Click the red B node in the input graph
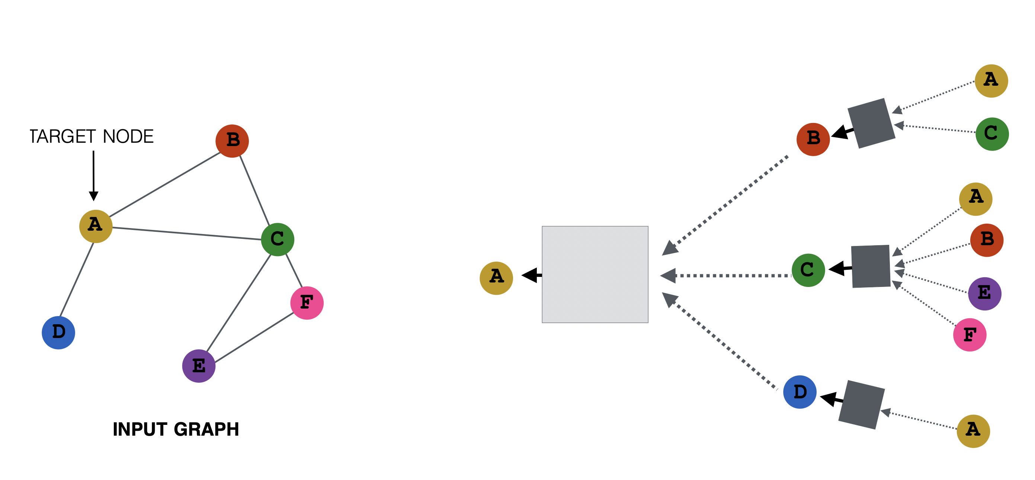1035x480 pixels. click(x=232, y=141)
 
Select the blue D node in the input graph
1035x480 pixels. click(x=58, y=332)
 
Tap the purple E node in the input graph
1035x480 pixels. click(x=199, y=366)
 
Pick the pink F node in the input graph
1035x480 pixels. click(x=307, y=303)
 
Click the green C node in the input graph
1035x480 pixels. click(x=277, y=239)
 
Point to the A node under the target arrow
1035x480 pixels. click(x=96, y=226)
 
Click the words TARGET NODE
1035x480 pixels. click(x=92, y=136)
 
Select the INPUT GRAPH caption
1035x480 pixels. click(x=176, y=429)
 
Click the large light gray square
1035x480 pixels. click(x=595, y=274)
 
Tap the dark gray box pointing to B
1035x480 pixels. click(x=871, y=123)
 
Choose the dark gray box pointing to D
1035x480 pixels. click(x=861, y=404)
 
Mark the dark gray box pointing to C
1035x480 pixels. click(x=871, y=266)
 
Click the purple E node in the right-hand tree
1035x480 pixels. click(x=984, y=293)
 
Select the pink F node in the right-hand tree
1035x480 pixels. click(x=970, y=334)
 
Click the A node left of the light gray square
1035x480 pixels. click(x=496, y=278)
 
